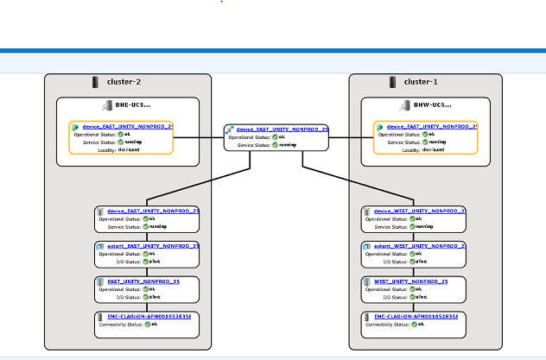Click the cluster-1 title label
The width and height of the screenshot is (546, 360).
[x=422, y=82]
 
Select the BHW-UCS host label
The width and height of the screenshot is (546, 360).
[x=427, y=105]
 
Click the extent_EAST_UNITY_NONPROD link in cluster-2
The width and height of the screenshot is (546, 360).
[x=153, y=245]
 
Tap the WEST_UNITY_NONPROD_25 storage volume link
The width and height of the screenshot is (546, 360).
[x=409, y=281]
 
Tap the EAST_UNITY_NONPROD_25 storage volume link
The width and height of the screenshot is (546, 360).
[x=143, y=281]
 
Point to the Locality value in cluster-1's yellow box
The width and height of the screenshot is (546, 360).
[x=432, y=149]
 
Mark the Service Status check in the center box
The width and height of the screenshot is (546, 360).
[x=276, y=144]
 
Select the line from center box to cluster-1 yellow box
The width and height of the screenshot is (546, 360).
[x=352, y=137]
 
